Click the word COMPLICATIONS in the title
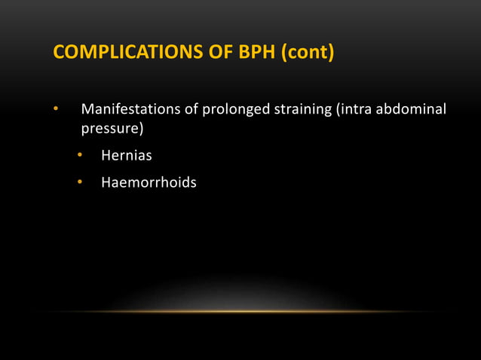click(119, 54)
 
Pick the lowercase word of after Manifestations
click(189, 111)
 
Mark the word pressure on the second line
click(110, 129)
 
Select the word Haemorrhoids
click(149, 182)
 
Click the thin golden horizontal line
click(240, 311)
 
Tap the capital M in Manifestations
click(87, 111)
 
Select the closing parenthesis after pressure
click(142, 129)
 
